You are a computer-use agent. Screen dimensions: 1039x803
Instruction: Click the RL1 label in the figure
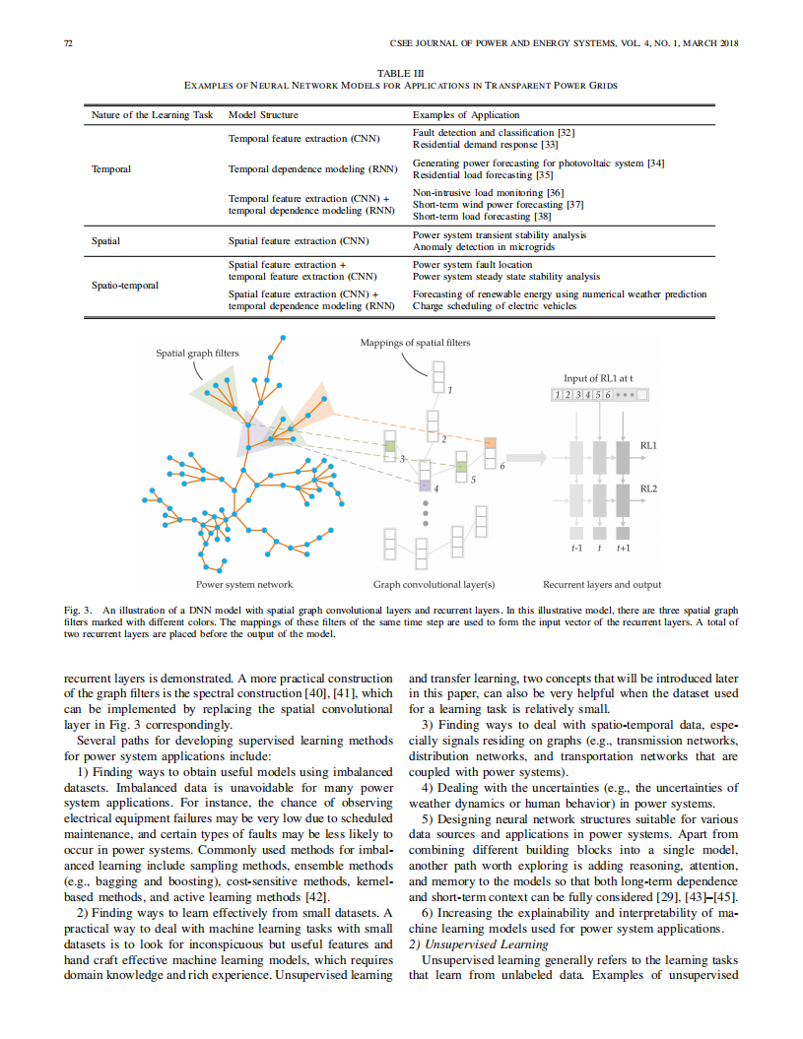[648, 446]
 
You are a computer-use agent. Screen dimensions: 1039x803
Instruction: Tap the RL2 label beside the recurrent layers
[648, 488]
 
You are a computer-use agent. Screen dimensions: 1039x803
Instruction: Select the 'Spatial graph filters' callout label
[197, 353]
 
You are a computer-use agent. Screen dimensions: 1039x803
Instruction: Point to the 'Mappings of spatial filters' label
[415, 343]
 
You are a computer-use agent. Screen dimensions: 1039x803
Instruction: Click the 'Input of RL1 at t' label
[598, 378]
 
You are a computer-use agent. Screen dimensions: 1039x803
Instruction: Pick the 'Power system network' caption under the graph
[244, 584]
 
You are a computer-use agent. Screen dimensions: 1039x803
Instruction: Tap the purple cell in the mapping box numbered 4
[425, 485]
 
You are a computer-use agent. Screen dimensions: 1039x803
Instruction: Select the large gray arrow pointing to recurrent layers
[531, 457]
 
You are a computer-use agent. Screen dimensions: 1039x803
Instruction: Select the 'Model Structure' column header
[263, 115]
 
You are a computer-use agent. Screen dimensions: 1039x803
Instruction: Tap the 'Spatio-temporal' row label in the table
[125, 285]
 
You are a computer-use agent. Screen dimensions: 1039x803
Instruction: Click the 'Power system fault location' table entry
[472, 264]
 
